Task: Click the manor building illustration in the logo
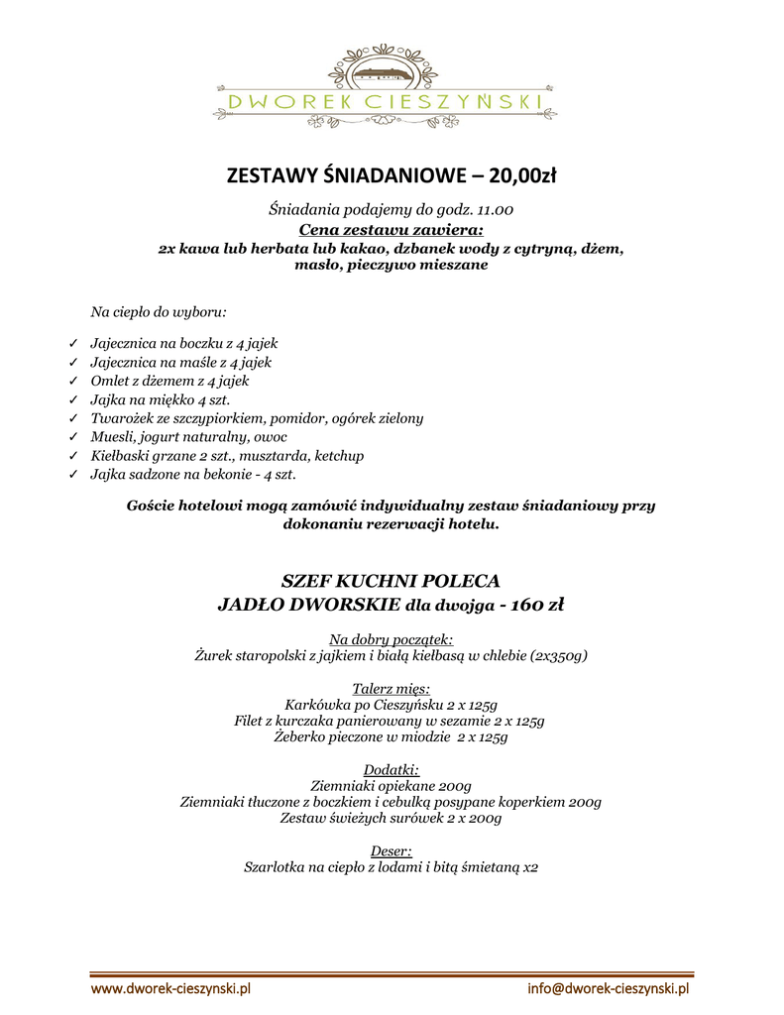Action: click(386, 71)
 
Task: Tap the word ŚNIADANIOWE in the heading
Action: click(382, 176)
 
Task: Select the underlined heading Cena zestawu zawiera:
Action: click(392, 230)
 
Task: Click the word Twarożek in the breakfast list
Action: click(121, 418)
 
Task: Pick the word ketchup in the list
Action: click(339, 456)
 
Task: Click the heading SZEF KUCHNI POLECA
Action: click(392, 580)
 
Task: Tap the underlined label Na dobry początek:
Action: click(391, 639)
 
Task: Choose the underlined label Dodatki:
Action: click(392, 769)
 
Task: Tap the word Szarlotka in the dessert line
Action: click(278, 866)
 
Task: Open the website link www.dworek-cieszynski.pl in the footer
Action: click(170, 988)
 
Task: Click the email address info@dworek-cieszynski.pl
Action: click(608, 988)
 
